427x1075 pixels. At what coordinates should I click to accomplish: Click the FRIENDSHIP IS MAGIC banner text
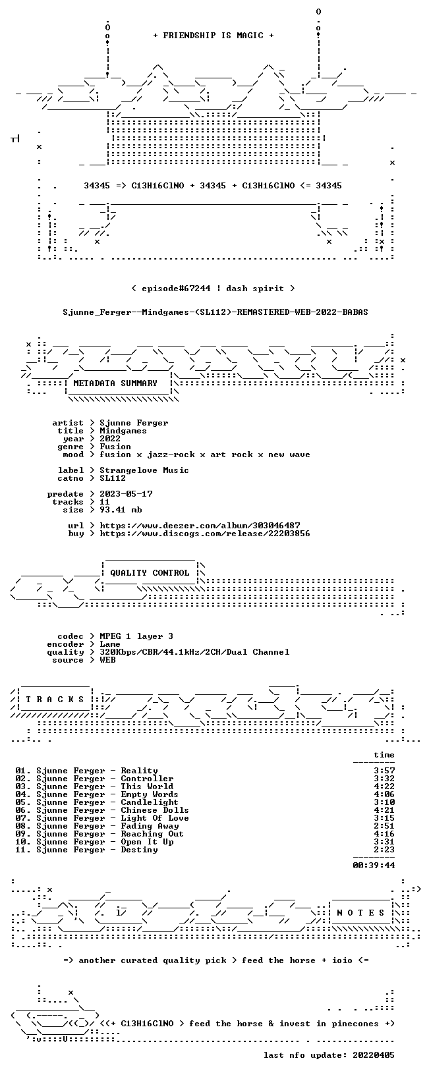[x=213, y=36]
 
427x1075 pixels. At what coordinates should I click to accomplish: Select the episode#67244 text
[x=176, y=289]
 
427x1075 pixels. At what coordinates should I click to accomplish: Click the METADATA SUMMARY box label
[x=115, y=383]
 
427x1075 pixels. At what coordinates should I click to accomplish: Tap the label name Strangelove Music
[x=144, y=470]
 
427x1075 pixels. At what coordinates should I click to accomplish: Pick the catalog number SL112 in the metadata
[x=113, y=478]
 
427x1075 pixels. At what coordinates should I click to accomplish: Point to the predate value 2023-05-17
[x=126, y=494]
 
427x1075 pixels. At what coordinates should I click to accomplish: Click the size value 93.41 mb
[x=121, y=510]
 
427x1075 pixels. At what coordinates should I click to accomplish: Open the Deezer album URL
[x=200, y=526]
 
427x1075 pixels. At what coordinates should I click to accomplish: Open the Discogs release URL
[x=205, y=534]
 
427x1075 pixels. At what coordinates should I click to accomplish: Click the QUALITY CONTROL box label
[x=150, y=573]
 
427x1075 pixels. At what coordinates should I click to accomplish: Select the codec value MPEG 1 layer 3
[x=136, y=636]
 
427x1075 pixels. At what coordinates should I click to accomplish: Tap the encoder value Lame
[x=110, y=644]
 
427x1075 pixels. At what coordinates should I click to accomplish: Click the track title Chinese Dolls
[x=155, y=810]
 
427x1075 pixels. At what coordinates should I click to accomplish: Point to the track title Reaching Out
[x=152, y=834]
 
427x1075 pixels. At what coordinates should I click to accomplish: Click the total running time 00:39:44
[x=374, y=866]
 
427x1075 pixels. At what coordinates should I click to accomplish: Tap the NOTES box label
[x=360, y=913]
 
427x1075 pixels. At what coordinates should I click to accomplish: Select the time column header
[x=384, y=755]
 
